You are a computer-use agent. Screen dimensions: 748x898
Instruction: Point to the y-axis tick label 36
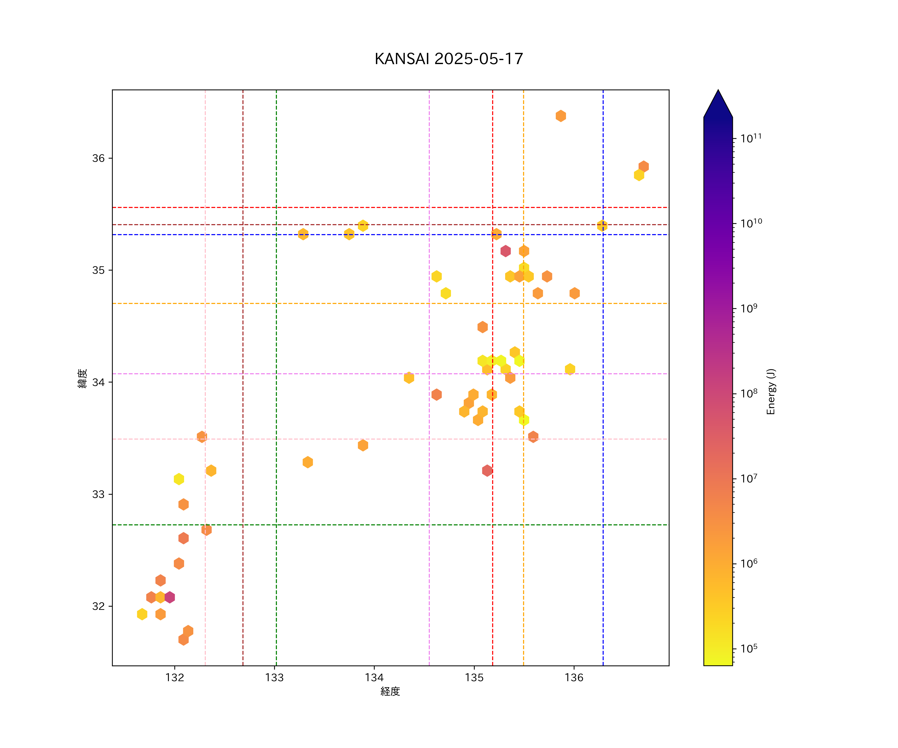click(x=98, y=158)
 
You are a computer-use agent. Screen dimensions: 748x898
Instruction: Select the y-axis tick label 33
click(x=98, y=494)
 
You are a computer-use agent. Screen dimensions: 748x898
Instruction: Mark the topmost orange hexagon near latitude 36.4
click(x=561, y=116)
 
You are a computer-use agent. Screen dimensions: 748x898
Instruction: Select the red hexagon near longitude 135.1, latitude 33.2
click(x=487, y=470)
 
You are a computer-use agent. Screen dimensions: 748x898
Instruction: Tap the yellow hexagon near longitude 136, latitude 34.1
click(x=569, y=369)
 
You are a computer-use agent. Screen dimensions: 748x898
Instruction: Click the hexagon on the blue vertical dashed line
click(x=602, y=226)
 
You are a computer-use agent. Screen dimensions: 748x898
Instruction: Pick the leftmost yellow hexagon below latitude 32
click(x=142, y=614)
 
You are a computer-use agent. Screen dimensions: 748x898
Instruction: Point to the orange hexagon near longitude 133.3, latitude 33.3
click(x=308, y=462)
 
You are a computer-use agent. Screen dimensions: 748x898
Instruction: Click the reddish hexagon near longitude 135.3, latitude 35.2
click(x=505, y=251)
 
